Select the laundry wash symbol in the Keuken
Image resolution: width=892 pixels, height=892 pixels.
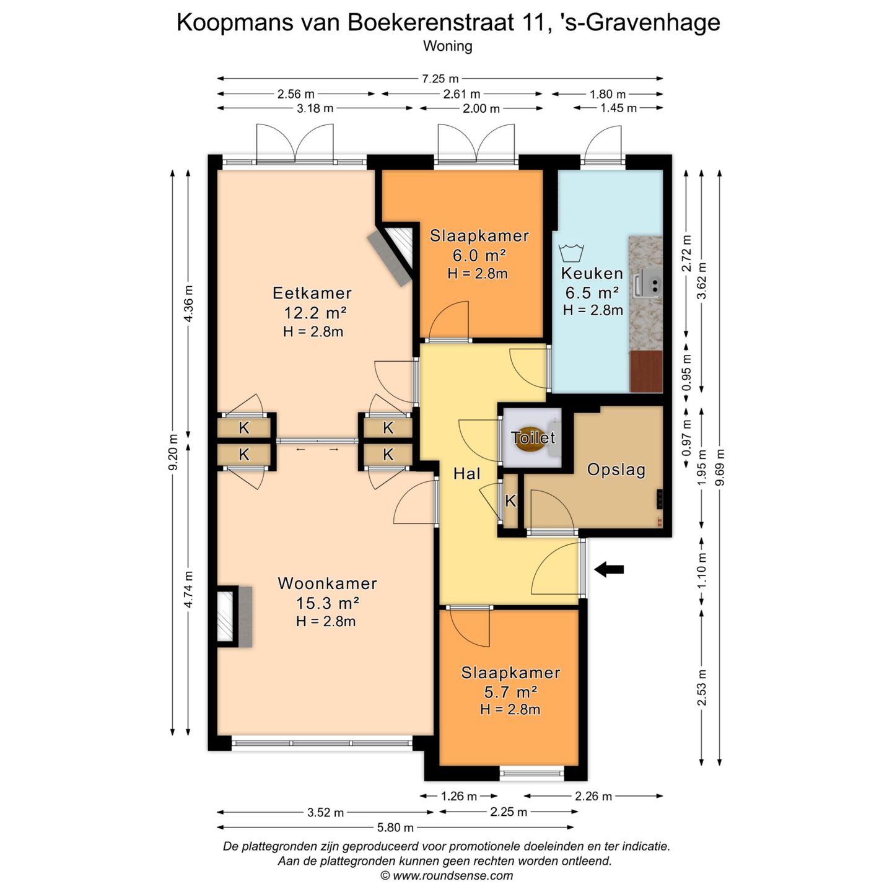tap(571, 253)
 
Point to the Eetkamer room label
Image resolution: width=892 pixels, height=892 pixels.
tap(312, 293)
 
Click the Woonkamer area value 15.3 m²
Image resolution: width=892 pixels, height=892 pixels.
tap(327, 603)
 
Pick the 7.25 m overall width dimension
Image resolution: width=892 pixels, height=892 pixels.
tap(440, 79)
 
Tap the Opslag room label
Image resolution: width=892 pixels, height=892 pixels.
tap(616, 470)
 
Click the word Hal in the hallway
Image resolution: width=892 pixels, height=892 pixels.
tap(466, 474)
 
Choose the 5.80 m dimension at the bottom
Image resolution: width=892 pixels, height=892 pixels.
tap(395, 828)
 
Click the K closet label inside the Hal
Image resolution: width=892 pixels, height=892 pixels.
tap(510, 501)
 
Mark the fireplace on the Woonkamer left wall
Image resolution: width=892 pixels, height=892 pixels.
tap(234, 616)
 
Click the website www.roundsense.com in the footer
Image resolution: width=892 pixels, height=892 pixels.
tap(453, 875)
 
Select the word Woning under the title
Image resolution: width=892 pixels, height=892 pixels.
tap(447, 46)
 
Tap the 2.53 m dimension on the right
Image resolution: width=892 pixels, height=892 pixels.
tap(701, 688)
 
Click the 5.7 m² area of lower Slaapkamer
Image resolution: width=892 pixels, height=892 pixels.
tap(510, 692)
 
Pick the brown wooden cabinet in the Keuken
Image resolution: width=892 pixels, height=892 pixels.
tap(646, 371)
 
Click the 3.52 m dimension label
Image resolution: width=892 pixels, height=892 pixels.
tap(325, 812)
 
